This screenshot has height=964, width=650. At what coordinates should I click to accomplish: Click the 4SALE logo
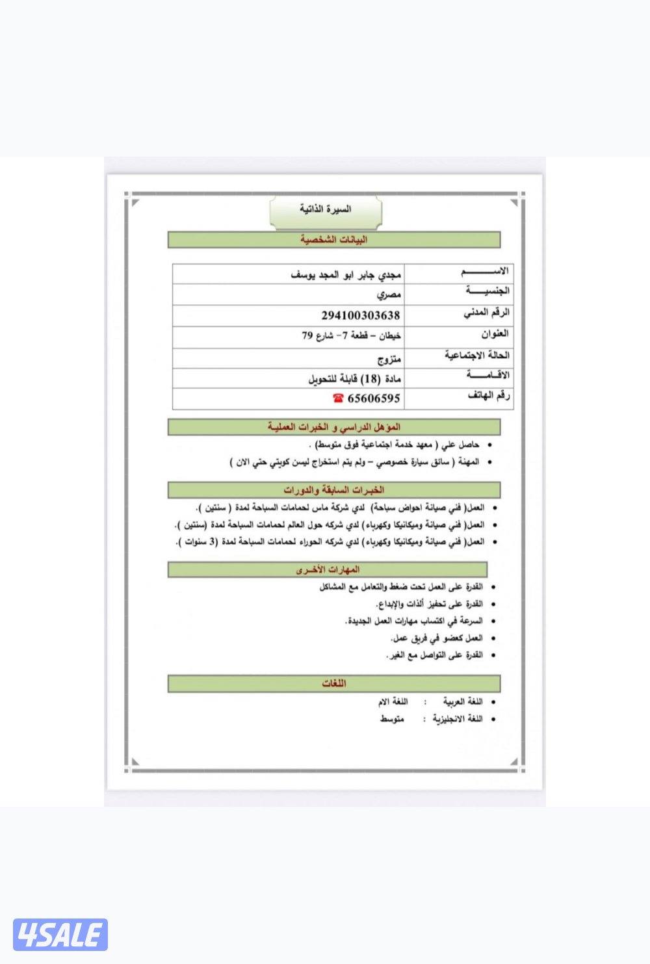(60, 935)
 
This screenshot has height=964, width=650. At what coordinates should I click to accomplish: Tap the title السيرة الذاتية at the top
(326, 209)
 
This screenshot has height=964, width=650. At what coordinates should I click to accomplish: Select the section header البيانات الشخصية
(334, 240)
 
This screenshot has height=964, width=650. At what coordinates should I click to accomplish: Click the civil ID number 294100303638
(361, 315)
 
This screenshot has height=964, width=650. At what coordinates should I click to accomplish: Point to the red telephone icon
(338, 398)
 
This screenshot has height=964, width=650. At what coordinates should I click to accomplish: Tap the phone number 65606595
(374, 398)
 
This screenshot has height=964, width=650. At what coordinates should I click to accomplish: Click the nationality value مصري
(389, 294)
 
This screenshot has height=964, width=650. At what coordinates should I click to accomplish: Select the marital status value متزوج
(389, 358)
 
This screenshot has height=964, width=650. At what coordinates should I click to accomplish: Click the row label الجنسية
(487, 291)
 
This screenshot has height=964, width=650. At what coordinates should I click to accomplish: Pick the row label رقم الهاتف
(488, 396)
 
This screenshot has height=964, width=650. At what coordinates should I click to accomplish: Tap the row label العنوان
(495, 334)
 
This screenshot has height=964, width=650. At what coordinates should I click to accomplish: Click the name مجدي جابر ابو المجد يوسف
(345, 274)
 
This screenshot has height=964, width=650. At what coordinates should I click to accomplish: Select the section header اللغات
(334, 684)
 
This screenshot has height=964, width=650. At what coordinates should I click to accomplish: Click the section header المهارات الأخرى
(328, 570)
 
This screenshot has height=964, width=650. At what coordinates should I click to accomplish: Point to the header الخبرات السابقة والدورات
(334, 490)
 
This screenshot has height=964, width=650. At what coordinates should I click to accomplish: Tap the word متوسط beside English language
(392, 720)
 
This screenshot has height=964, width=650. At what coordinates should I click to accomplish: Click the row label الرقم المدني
(486, 313)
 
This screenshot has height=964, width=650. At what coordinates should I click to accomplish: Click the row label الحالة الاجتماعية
(477, 356)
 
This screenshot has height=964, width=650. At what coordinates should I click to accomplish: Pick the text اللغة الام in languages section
(393, 702)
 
